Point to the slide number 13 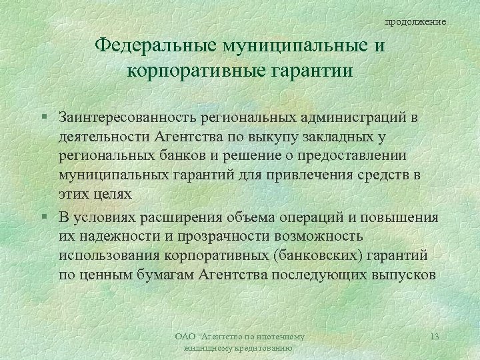434,337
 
